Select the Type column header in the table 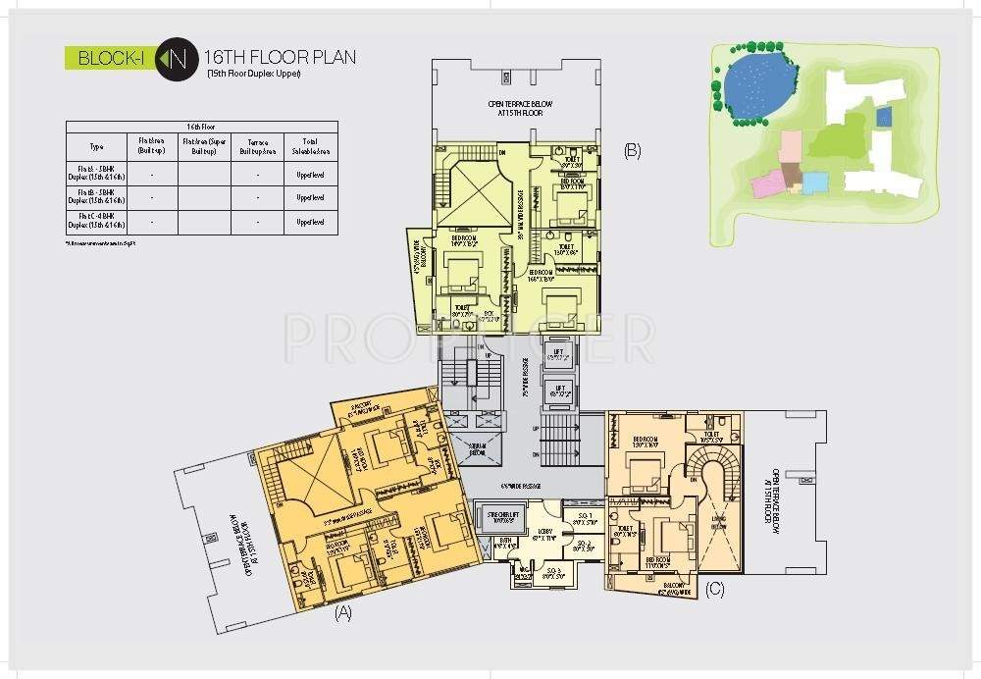[x=96, y=146]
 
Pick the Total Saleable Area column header [x=310, y=146]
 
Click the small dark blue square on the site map [x=883, y=117]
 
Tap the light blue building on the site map [x=815, y=183]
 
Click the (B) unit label [x=632, y=150]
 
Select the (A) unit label [x=342, y=613]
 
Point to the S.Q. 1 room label [x=582, y=519]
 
